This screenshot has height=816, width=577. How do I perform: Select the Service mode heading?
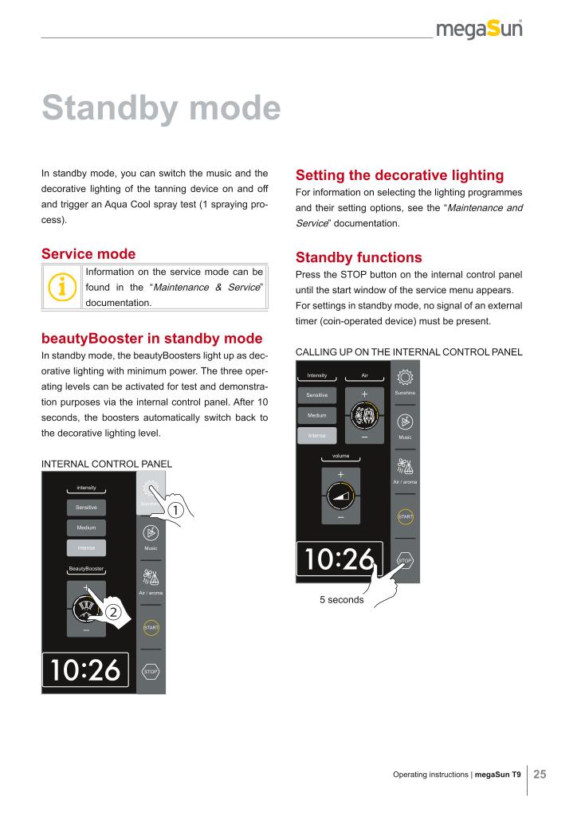(x=88, y=254)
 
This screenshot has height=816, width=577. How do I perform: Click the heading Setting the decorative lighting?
(x=399, y=175)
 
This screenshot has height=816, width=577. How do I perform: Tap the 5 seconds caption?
(x=341, y=599)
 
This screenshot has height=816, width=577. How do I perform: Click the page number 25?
(x=540, y=775)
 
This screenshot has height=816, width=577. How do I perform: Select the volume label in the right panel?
(x=340, y=457)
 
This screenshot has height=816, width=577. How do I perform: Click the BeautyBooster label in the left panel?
(x=87, y=568)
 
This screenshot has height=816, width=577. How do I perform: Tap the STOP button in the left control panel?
(x=151, y=672)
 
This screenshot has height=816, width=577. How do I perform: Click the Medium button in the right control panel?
(x=316, y=415)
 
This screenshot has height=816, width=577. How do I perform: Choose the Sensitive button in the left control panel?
(x=86, y=507)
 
